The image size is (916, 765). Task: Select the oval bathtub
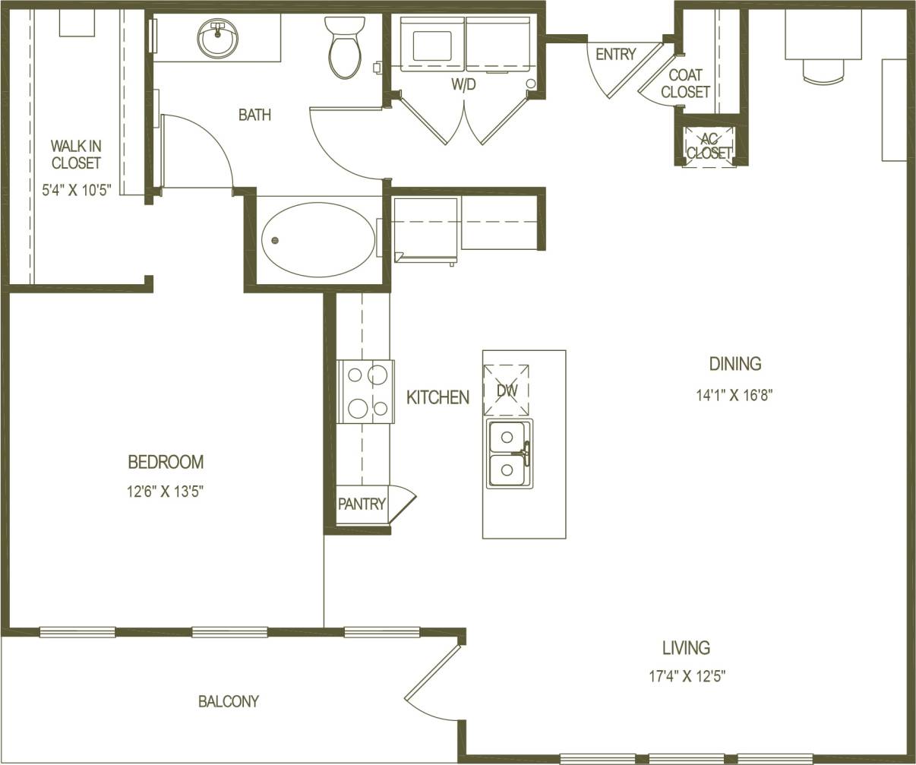click(318, 240)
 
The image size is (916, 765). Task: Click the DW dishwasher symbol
click(507, 390)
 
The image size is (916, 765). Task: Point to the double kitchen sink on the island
click(508, 454)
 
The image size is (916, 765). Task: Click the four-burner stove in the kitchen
click(366, 391)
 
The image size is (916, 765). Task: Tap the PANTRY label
click(362, 504)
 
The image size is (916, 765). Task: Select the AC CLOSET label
click(709, 146)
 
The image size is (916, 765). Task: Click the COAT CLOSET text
click(685, 84)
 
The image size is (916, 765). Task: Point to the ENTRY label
click(615, 55)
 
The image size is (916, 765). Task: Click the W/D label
click(463, 85)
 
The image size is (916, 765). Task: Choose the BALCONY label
click(229, 701)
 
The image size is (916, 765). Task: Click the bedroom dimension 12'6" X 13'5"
click(165, 492)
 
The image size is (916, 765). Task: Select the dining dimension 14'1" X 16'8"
click(734, 394)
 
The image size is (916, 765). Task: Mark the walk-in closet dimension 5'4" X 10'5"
click(76, 190)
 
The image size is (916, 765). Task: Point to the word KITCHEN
click(437, 397)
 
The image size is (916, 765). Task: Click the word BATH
click(254, 115)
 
